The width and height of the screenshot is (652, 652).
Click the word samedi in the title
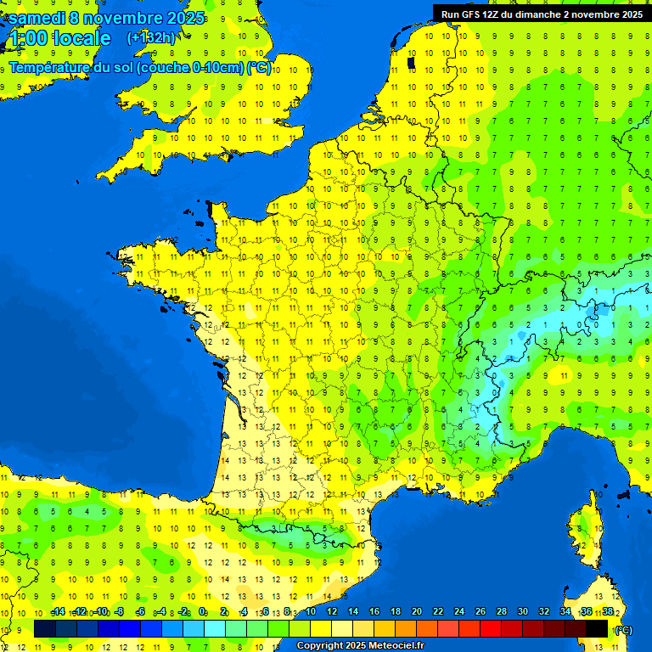[39, 17]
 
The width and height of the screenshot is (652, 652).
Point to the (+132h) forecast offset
[151, 37]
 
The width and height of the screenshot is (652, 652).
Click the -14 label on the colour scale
[58, 612]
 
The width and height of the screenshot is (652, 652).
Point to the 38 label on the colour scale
[608, 612]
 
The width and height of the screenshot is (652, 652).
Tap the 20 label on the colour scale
[417, 612]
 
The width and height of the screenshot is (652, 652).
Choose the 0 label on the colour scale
[203, 612]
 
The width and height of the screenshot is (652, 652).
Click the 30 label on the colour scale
[523, 612]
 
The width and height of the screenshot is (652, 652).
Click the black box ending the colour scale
[597, 628]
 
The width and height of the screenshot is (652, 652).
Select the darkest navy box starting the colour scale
[45, 628]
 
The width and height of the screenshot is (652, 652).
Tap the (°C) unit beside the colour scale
[622, 630]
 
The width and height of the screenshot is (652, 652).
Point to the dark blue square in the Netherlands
[411, 62]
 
